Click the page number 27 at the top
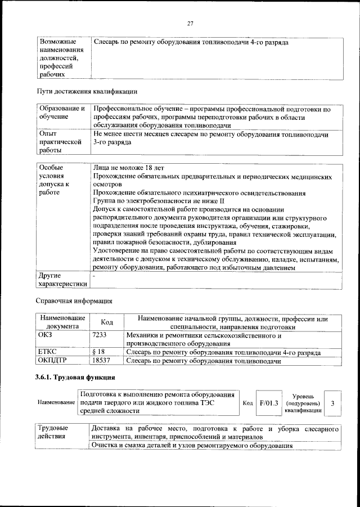click(x=190, y=23)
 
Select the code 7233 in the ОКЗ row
click(x=99, y=335)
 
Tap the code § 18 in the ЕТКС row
click(x=98, y=352)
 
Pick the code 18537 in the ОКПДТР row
click(x=101, y=361)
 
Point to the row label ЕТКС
click(x=47, y=352)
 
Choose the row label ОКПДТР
click(x=52, y=361)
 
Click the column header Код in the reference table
click(x=106, y=322)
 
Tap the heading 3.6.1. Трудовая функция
click(x=76, y=377)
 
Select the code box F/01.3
click(x=269, y=403)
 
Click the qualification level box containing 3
click(x=332, y=403)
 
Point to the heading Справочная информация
click(x=74, y=300)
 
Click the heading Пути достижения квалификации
click(x=87, y=91)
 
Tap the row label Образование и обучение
click(x=61, y=113)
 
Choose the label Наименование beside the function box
click(x=56, y=403)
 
